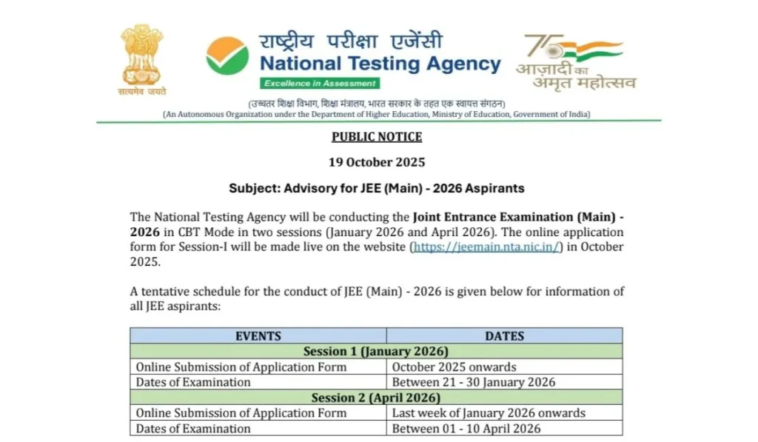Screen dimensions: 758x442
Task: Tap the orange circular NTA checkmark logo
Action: [x=227, y=56]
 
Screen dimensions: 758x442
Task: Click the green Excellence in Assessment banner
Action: [x=320, y=83]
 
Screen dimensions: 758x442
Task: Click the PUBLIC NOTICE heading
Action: [x=377, y=137]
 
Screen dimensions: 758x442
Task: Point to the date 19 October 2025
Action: [x=377, y=162]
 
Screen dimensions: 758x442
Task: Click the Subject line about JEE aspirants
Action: [x=377, y=188]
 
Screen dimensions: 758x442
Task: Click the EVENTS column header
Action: [x=258, y=336]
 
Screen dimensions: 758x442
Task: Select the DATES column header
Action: [x=504, y=336]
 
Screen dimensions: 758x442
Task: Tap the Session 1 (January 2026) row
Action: [x=376, y=352]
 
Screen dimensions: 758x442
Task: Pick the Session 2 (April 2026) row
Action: [x=376, y=398]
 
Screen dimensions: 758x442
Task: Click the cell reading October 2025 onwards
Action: [x=454, y=367]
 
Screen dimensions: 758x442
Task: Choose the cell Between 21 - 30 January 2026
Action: [x=474, y=383]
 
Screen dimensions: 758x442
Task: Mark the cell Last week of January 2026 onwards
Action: [x=489, y=413]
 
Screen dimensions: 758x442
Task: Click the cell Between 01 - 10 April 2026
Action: [x=466, y=429]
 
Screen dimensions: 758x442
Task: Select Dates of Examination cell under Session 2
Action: [x=193, y=429]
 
